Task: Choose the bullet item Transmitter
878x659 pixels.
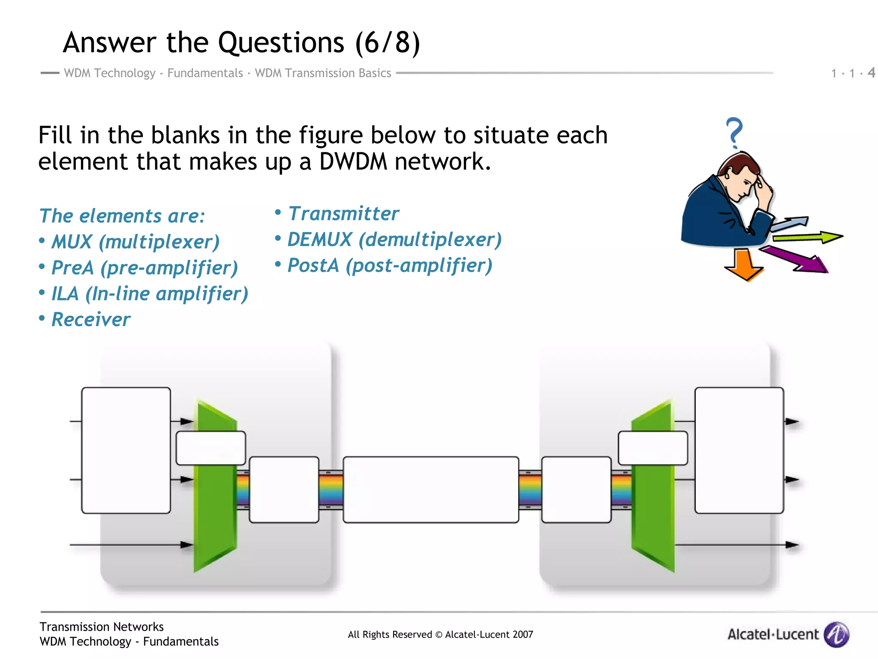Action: [x=343, y=214]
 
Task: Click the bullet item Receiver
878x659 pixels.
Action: [x=90, y=320]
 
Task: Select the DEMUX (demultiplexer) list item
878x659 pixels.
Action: [x=394, y=239]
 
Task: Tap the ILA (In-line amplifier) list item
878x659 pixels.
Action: [x=149, y=294]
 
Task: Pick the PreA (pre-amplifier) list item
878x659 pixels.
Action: [x=144, y=268]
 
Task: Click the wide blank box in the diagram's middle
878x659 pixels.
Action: [x=430, y=490]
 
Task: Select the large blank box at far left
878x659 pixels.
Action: [x=126, y=450]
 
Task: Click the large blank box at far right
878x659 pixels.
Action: [x=739, y=450]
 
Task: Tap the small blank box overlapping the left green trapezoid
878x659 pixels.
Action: [x=210, y=448]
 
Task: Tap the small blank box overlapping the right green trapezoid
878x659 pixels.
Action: [x=652, y=448]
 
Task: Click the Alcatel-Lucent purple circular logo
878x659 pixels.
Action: [x=836, y=634]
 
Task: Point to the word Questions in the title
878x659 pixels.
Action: [x=281, y=43]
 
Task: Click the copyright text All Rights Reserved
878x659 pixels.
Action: [x=440, y=635]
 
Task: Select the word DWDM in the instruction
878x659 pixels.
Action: [x=352, y=162]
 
